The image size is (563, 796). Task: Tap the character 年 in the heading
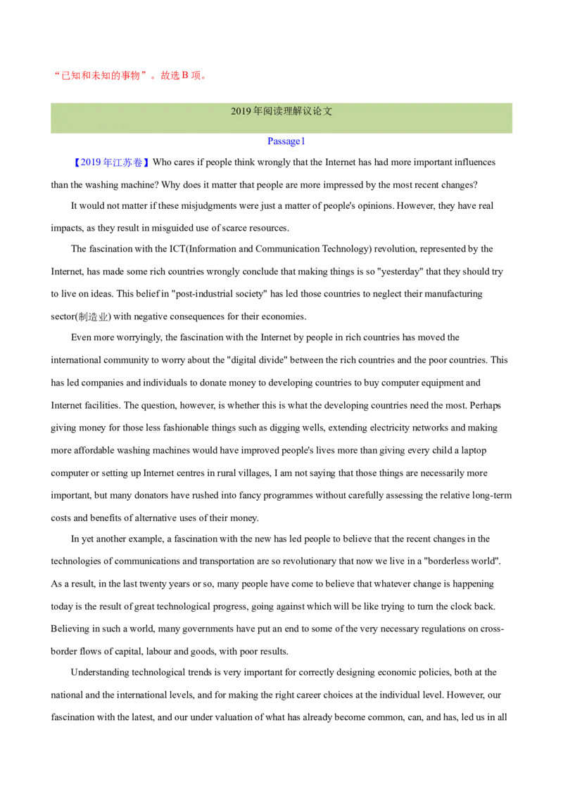pyautogui.click(x=258, y=112)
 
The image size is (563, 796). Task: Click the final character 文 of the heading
pyautogui.click(x=328, y=112)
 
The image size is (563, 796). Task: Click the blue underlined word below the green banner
pyautogui.click(x=285, y=141)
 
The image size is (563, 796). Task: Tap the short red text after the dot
pyautogui.click(x=183, y=76)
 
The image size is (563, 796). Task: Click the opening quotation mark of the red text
pyautogui.click(x=56, y=72)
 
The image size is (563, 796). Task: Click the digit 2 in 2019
pyautogui.click(x=234, y=112)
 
